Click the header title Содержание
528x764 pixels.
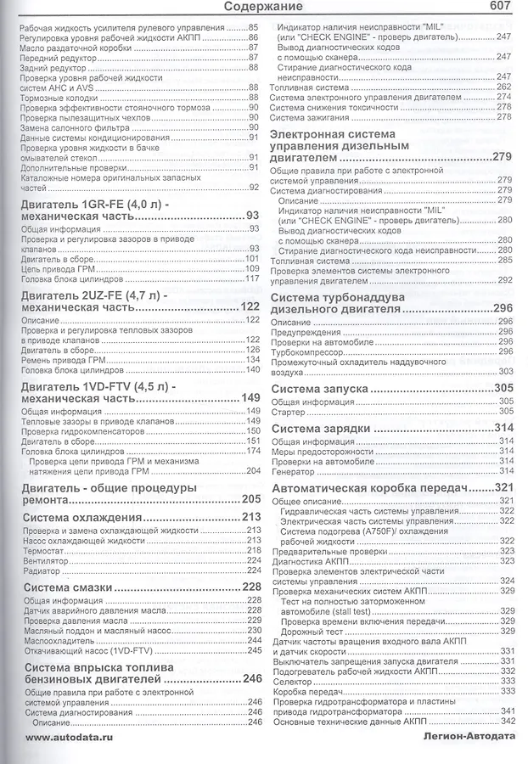click(263, 8)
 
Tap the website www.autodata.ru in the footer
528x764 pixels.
click(68, 738)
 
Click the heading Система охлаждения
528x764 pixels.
click(81, 517)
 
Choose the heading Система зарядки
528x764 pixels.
click(319, 428)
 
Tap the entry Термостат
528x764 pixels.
click(42, 551)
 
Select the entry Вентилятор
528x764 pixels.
click(47, 560)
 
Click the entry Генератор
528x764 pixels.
click(293, 471)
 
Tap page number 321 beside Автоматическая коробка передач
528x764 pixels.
click(503, 489)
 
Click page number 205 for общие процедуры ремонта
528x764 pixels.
click(250, 499)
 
